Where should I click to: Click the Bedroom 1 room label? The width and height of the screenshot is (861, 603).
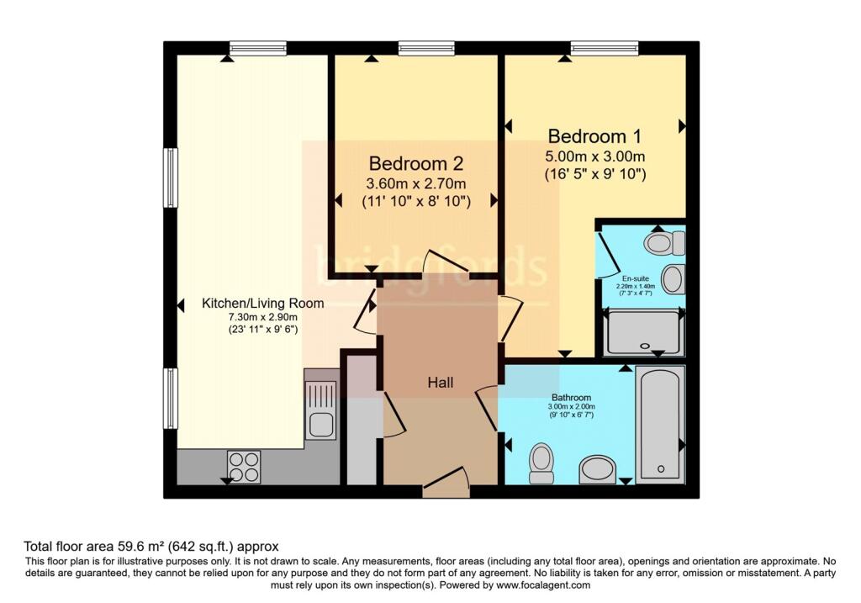click(594, 135)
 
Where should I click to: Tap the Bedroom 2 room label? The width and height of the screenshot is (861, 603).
click(416, 163)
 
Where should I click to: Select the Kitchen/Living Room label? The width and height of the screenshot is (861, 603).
click(263, 303)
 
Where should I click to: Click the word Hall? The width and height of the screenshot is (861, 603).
click(441, 382)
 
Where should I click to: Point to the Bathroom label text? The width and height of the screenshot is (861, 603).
click(571, 397)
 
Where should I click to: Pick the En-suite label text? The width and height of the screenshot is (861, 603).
click(636, 278)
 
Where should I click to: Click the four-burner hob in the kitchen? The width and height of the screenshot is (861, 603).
click(245, 467)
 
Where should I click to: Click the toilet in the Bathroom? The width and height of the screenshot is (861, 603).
click(542, 463)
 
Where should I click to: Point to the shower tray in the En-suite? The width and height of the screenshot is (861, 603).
click(644, 332)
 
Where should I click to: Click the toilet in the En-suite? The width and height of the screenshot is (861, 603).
click(665, 242)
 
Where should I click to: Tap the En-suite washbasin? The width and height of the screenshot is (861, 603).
click(673, 278)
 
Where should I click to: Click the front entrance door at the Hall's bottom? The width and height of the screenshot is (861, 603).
click(446, 483)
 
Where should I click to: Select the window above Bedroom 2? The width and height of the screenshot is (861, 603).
click(426, 48)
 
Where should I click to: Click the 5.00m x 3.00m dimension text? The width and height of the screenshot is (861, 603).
click(594, 156)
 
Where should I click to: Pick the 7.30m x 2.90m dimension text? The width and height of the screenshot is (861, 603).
click(263, 317)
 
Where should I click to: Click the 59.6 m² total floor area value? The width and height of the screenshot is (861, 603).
click(141, 547)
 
